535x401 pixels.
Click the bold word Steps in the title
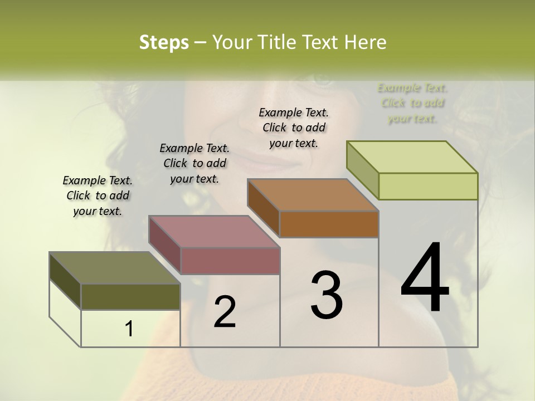163,42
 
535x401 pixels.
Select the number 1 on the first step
129,329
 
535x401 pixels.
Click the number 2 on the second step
225,312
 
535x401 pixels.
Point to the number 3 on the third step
327,295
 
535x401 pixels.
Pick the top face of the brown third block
313,195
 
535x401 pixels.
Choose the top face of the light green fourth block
412,157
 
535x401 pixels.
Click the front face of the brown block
329,224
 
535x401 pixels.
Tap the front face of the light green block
428,186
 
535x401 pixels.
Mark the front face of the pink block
230,261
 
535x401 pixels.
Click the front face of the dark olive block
130,297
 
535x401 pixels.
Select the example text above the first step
98,196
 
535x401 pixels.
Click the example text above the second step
194,163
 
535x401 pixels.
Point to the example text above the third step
294,128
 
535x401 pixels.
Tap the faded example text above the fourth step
412,103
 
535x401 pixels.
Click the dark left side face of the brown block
263,208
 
